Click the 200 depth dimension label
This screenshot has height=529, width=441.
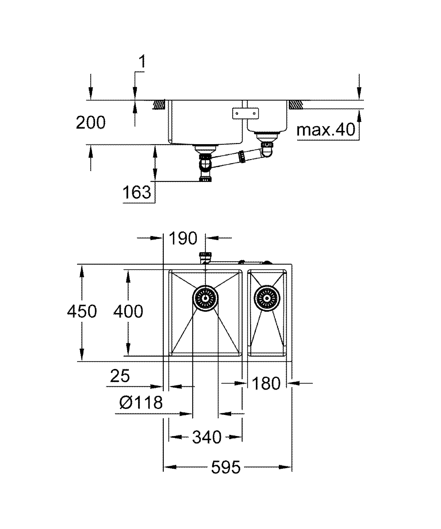point(91,123)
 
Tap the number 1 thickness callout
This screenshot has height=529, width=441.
point(142,62)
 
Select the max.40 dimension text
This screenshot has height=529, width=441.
point(326,130)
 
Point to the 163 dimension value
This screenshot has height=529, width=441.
point(137,192)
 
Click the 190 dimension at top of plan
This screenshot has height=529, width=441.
point(183,238)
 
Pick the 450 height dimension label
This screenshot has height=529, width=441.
point(82,311)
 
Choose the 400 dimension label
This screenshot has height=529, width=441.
point(128,311)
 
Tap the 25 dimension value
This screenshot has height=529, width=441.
point(120,376)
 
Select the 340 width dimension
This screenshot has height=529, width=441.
point(207,437)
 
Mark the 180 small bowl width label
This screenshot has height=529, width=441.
point(266,384)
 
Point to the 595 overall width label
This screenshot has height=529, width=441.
point(226,467)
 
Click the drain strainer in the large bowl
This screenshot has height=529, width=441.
point(206,298)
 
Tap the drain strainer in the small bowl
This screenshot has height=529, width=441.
point(267,298)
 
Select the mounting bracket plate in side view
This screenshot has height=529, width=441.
point(245,113)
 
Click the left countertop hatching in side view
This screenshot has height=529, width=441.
point(159,104)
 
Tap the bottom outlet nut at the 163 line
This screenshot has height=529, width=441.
point(206,179)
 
